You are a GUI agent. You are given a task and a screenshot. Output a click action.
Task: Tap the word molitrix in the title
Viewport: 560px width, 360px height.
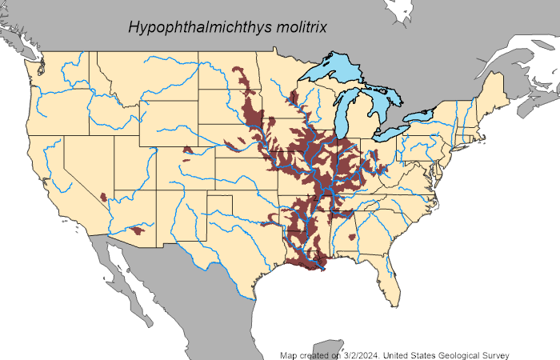pos(302,29)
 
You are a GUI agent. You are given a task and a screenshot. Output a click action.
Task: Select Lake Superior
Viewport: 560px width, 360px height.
pos(332,68)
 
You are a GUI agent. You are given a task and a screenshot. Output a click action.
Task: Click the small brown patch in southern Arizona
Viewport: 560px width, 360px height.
pos(137,230)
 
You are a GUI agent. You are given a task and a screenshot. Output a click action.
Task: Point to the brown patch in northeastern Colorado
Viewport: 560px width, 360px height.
pos(188,150)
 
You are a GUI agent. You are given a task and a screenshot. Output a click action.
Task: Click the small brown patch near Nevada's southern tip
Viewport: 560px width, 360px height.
pos(103,196)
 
